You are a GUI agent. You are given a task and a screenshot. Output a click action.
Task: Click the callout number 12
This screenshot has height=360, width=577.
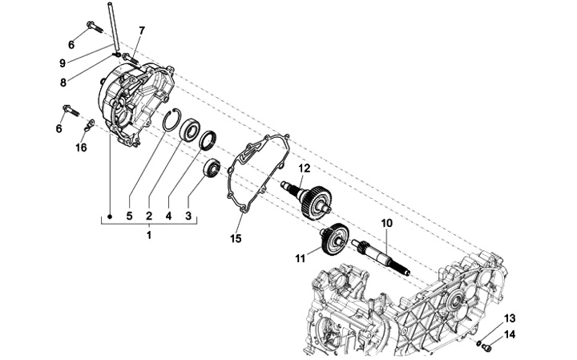tap(305, 168)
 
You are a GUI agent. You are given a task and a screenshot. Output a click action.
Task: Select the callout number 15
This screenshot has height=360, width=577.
tap(236, 238)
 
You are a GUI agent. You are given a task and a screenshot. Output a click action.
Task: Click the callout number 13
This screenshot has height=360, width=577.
tap(510, 318)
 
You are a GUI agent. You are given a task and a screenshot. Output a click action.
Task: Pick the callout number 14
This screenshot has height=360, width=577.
tap(510, 334)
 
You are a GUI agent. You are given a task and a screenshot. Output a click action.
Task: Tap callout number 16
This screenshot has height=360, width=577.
tap(81, 148)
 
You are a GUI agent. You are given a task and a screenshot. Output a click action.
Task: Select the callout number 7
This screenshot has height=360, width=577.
tap(142, 30)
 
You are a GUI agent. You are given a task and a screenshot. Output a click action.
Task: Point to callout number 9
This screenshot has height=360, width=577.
tap(63, 63)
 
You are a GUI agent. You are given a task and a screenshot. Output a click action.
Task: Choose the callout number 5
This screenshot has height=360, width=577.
tap(129, 216)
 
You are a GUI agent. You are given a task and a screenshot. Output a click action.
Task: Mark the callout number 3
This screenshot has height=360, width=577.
tap(189, 216)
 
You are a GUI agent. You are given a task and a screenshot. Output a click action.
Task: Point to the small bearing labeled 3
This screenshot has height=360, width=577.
tap(213, 168)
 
